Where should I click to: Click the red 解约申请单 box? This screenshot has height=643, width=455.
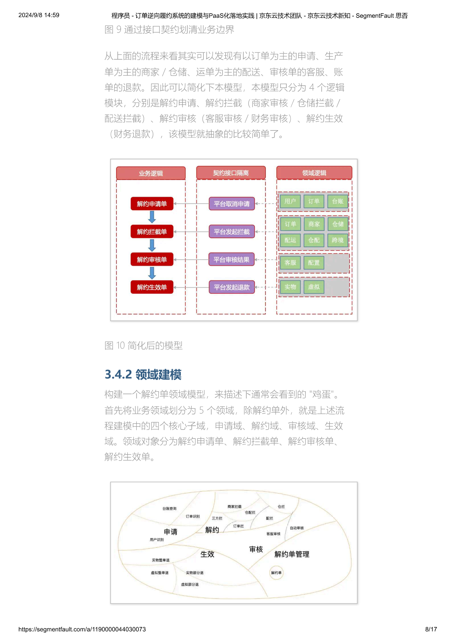[x=152, y=204]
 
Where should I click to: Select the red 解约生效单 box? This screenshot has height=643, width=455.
[x=152, y=287]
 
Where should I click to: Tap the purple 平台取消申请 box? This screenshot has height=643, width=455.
[x=232, y=204]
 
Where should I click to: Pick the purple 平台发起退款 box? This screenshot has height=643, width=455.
[x=232, y=287]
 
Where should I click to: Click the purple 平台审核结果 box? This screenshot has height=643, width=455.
[x=232, y=260]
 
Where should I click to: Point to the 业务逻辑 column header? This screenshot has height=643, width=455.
[x=151, y=173]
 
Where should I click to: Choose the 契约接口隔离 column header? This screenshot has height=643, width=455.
[x=231, y=173]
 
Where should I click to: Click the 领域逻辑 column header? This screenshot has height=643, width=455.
[x=314, y=173]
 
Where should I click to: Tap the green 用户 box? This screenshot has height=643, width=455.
[x=290, y=201]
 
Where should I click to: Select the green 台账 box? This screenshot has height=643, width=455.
[x=338, y=201]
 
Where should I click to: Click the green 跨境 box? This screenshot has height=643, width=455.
[x=338, y=240]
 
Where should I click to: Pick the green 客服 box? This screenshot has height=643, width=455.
[x=290, y=263]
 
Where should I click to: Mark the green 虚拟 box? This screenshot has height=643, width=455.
[x=314, y=287]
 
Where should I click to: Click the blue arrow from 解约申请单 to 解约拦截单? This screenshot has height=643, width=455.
[x=152, y=217]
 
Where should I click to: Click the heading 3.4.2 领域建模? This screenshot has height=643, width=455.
[x=143, y=374]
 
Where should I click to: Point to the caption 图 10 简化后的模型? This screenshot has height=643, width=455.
[x=143, y=345]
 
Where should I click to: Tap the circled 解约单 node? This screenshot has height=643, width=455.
[x=276, y=573]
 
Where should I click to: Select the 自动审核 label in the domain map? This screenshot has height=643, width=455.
[x=297, y=528]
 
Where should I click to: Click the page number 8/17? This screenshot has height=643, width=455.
[x=431, y=629]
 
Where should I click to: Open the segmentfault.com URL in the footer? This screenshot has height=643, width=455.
[x=82, y=629]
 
